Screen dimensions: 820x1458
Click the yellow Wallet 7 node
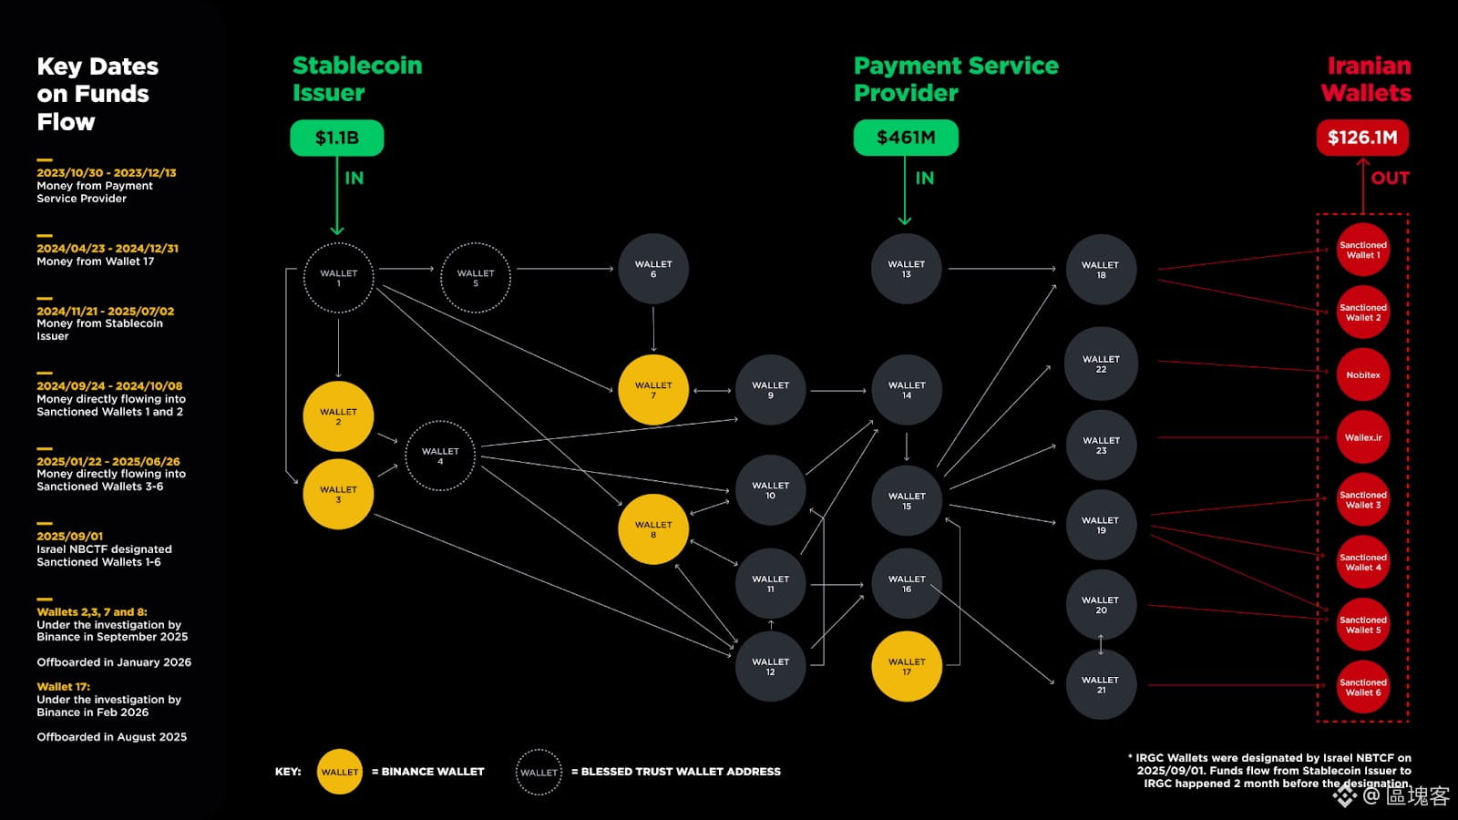tap(652, 390)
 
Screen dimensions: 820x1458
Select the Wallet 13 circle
tap(906, 269)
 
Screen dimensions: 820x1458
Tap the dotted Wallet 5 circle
tap(475, 278)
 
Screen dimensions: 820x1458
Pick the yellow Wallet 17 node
tap(906, 667)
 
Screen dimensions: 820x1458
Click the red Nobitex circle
tap(1362, 374)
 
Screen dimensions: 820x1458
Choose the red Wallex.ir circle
tap(1362, 437)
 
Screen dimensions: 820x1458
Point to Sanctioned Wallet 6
tap(1362, 687)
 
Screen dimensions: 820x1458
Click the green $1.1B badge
tap(336, 138)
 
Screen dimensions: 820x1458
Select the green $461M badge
tap(905, 138)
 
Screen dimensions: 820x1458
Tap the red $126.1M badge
tap(1361, 138)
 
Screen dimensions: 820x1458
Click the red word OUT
tap(1390, 179)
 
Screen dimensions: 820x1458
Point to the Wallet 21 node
tap(1101, 684)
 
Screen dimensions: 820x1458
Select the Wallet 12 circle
tap(770, 666)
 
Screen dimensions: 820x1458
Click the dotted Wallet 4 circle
tap(440, 456)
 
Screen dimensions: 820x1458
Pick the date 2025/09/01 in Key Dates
tap(70, 537)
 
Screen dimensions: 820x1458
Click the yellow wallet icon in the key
tap(339, 772)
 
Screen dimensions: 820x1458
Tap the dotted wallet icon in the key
tap(539, 772)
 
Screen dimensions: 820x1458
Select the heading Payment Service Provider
tap(955, 79)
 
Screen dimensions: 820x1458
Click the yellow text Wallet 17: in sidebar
tap(64, 687)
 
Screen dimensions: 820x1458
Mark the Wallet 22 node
tap(1101, 364)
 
